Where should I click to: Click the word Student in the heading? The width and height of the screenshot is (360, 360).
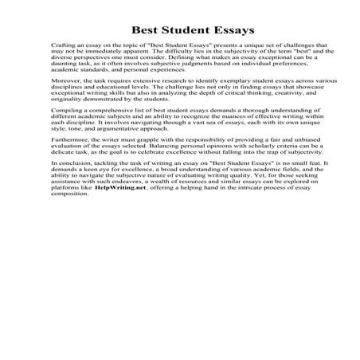pyautogui.click(x=178, y=30)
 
